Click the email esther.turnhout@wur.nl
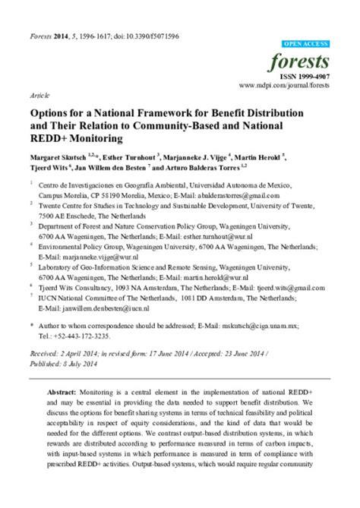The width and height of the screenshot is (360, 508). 235,236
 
